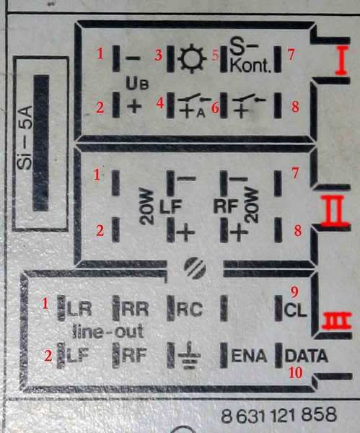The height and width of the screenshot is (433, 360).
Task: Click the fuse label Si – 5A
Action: click(x=24, y=137)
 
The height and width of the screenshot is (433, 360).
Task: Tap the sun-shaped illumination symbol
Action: click(x=192, y=59)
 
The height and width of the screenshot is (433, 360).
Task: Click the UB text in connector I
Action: click(x=137, y=83)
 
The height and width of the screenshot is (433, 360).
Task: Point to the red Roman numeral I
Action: click(x=341, y=61)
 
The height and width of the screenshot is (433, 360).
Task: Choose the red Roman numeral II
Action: click(x=334, y=210)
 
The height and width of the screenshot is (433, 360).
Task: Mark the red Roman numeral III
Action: click(x=336, y=321)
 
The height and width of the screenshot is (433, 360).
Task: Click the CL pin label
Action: click(x=295, y=310)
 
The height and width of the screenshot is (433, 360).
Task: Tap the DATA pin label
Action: click(x=306, y=356)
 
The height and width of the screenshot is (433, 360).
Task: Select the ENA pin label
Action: click(x=250, y=356)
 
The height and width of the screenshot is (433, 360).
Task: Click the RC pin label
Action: click(x=190, y=310)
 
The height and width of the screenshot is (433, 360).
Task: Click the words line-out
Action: click(x=108, y=331)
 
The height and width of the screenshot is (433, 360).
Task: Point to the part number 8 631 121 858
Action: click(x=278, y=415)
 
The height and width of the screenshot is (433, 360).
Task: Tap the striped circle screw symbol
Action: click(x=195, y=268)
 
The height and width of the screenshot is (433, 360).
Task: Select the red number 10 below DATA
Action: click(x=295, y=373)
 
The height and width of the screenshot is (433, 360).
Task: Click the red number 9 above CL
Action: click(x=294, y=292)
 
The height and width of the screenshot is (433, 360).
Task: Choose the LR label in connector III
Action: click(x=79, y=309)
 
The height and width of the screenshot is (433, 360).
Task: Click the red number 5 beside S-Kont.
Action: click(x=215, y=55)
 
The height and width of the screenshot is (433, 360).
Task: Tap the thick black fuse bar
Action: click(x=41, y=143)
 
